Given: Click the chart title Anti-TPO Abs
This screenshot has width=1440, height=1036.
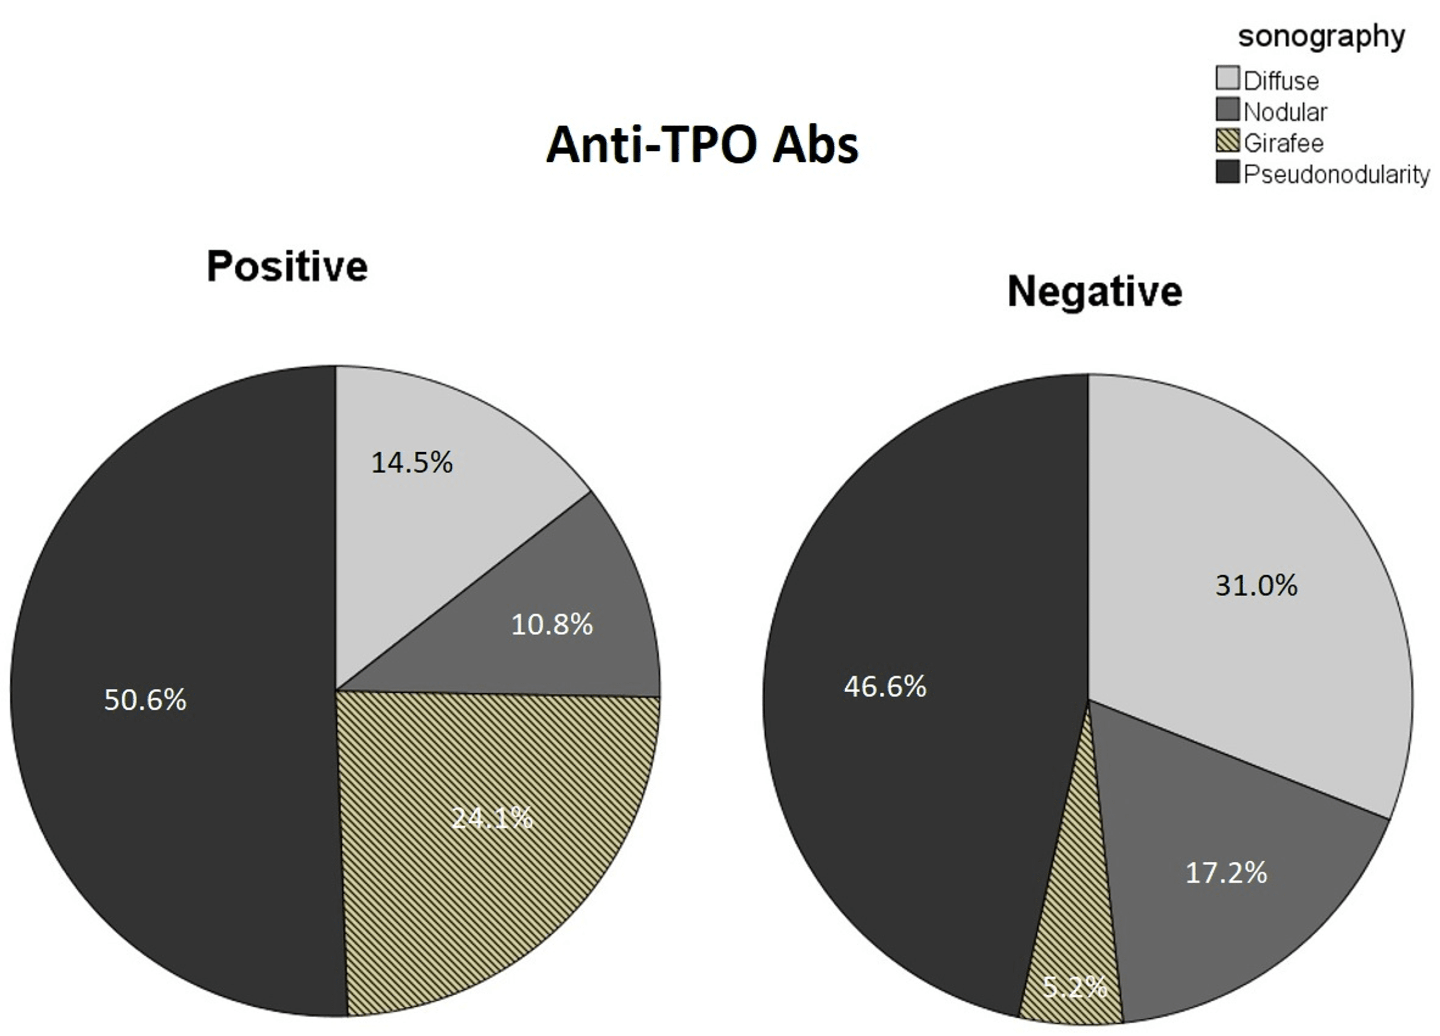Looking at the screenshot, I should click(702, 145).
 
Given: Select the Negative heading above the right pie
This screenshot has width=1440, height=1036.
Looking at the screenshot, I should click(1094, 292).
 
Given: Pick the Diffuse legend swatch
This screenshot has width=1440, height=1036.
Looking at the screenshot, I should click(1227, 78).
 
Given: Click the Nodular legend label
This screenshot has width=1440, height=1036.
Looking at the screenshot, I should click(1285, 112).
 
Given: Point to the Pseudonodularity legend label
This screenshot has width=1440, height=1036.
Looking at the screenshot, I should click(1336, 174).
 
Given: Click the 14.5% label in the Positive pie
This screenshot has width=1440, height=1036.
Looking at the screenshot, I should click(412, 462).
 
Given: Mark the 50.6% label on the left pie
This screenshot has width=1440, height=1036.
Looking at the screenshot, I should click(145, 700).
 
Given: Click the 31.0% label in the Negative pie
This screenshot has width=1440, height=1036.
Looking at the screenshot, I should click(1256, 585).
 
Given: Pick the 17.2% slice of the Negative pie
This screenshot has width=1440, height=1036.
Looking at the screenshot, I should click(1226, 889).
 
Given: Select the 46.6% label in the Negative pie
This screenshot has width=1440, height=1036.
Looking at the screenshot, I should click(885, 687).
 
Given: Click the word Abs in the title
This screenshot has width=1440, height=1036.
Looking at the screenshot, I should click(815, 145).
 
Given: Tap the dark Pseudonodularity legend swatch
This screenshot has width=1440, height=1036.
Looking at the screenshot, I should click(1227, 172).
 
